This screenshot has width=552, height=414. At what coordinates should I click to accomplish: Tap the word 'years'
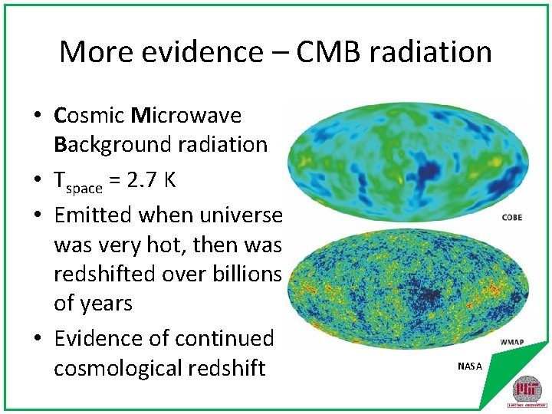pos(103,304)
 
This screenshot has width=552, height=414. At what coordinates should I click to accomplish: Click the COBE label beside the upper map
pos(512,218)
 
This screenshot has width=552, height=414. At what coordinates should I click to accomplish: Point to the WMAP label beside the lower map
pos(511,342)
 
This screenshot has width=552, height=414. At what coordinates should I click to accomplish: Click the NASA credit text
pos(470,366)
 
